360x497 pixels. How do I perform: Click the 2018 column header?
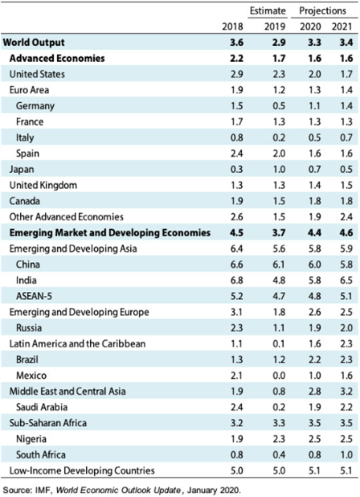pos(232,27)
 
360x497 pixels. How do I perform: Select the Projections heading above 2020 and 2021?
pos(322,10)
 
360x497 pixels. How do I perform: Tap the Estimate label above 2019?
pos(268,10)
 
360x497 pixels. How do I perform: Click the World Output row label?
pos(34,42)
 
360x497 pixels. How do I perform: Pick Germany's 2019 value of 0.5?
pos(279,105)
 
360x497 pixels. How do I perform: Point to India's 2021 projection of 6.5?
pos(346,280)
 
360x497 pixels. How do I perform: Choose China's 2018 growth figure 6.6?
pos(236,265)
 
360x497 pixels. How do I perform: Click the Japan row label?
pos(22,169)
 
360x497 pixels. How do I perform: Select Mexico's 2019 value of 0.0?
pos(279,376)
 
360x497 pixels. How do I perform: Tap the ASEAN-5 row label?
pos(34,296)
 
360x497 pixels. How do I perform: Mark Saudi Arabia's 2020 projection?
pos(314,407)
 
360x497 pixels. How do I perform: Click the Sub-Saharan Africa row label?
pos(47,423)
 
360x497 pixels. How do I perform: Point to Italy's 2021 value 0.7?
pos(346,138)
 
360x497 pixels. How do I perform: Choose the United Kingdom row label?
pos(43,185)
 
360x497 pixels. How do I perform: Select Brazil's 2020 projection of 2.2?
pos(314,359)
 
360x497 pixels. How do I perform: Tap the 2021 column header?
pos(342,27)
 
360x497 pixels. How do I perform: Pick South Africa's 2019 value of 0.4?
pos(279,454)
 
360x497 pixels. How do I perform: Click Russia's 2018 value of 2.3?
pos(236,328)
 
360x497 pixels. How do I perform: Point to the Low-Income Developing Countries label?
pos(82,470)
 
